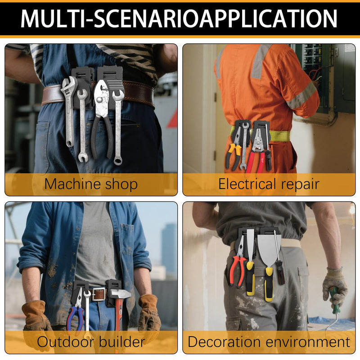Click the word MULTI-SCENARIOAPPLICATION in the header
(x=179, y=18)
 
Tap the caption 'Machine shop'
(x=91, y=184)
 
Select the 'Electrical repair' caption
(x=269, y=184)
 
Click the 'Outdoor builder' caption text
(x=91, y=342)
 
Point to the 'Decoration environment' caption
(x=269, y=342)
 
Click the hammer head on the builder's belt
(x=119, y=294)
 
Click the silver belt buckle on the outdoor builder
(x=99, y=295)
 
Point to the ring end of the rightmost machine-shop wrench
(x=118, y=160)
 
